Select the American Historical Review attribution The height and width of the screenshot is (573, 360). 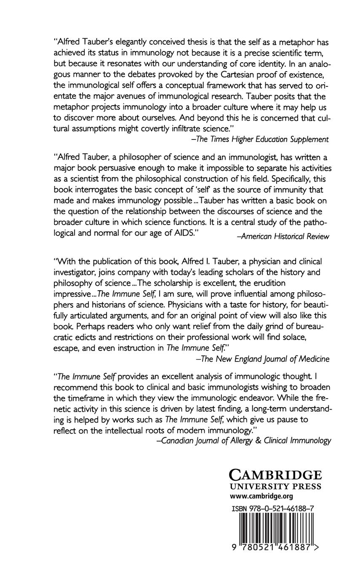(283, 236)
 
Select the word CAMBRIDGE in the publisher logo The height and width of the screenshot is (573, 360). (275, 475)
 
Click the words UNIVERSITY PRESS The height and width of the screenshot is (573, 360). (275, 487)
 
